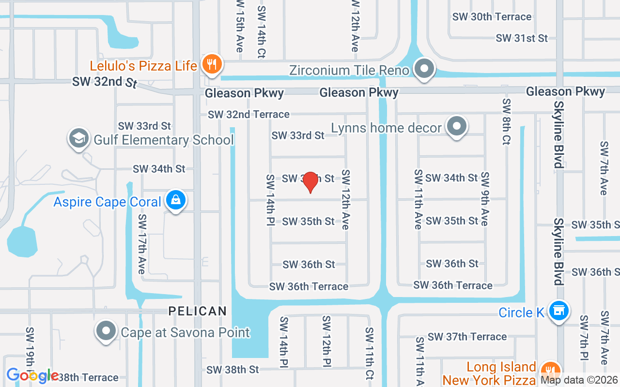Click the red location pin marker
310,182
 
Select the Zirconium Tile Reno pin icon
425,70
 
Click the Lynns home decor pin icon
456,127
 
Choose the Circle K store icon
558,312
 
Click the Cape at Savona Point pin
106,332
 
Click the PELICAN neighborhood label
198,311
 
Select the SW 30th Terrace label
492,17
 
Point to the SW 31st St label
521,38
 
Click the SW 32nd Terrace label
248,115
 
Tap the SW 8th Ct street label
507,121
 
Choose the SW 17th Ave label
141,244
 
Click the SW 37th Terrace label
467,337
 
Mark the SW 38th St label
232,370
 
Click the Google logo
32,375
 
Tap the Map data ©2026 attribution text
579,380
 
